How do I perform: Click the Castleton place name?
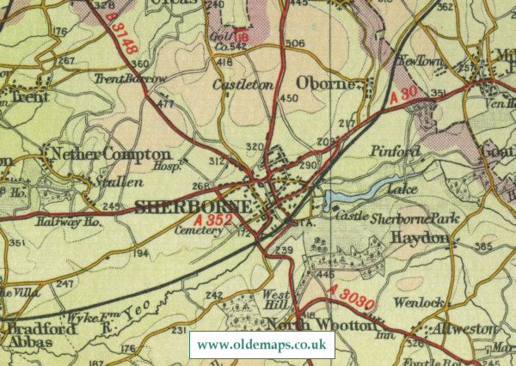point(242,86)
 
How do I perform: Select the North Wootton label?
point(322,326)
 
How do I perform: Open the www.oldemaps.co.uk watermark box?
point(262,345)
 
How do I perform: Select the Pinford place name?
point(394,151)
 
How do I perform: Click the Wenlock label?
point(417,303)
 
